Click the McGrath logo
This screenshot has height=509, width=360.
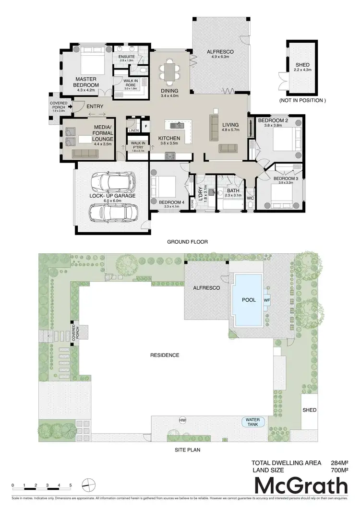click(x=300, y=486)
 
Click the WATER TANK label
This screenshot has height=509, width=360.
click(x=252, y=422)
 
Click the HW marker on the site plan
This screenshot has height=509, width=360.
click(x=182, y=421)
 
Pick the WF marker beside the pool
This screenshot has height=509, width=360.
click(x=266, y=300)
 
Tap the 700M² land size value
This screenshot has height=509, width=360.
click(x=339, y=471)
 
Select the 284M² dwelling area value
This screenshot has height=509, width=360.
click(x=339, y=463)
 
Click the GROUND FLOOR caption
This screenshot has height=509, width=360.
click(x=187, y=242)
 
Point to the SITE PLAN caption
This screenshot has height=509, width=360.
click(x=187, y=450)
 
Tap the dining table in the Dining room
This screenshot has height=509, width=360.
click(x=170, y=72)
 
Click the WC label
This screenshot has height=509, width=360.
click(x=250, y=198)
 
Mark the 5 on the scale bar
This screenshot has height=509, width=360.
click(x=71, y=485)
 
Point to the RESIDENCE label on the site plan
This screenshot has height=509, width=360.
click(x=165, y=355)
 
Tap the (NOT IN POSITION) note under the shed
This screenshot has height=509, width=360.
click(x=302, y=101)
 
